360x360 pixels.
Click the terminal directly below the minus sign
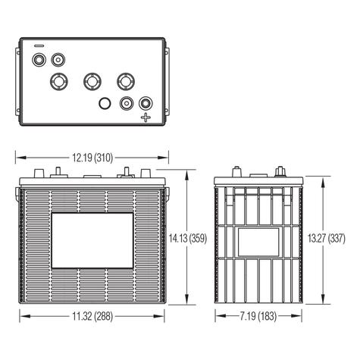(39, 58)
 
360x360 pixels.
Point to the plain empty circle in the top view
(106, 103)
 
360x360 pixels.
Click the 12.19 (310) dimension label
(92, 157)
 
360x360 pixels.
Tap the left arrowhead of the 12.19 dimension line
(20, 157)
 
